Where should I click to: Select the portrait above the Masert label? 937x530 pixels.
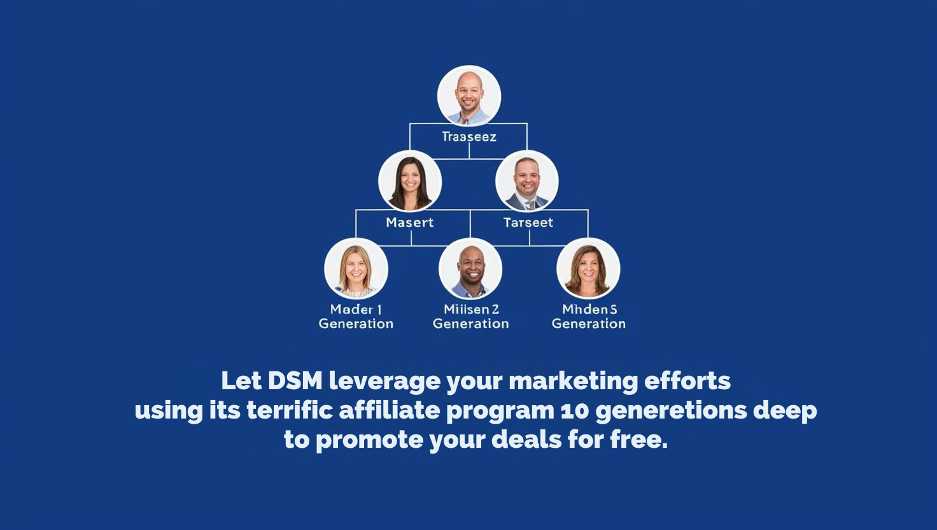[410, 182]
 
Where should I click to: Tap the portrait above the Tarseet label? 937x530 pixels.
[527, 182]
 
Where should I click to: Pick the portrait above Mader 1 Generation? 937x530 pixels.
[356, 269]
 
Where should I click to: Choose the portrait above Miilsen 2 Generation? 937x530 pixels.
[470, 269]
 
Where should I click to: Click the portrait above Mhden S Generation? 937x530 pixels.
[588, 269]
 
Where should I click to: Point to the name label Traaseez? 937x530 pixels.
[469, 136]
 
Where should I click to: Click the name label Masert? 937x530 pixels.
[410, 222]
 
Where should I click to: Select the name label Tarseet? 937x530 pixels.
[528, 222]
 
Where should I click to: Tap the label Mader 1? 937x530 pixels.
[356, 310]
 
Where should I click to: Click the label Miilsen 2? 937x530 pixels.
[471, 310]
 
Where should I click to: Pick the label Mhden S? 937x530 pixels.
[589, 310]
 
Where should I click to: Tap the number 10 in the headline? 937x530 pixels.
[575, 411]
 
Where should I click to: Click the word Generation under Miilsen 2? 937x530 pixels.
[471, 324]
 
